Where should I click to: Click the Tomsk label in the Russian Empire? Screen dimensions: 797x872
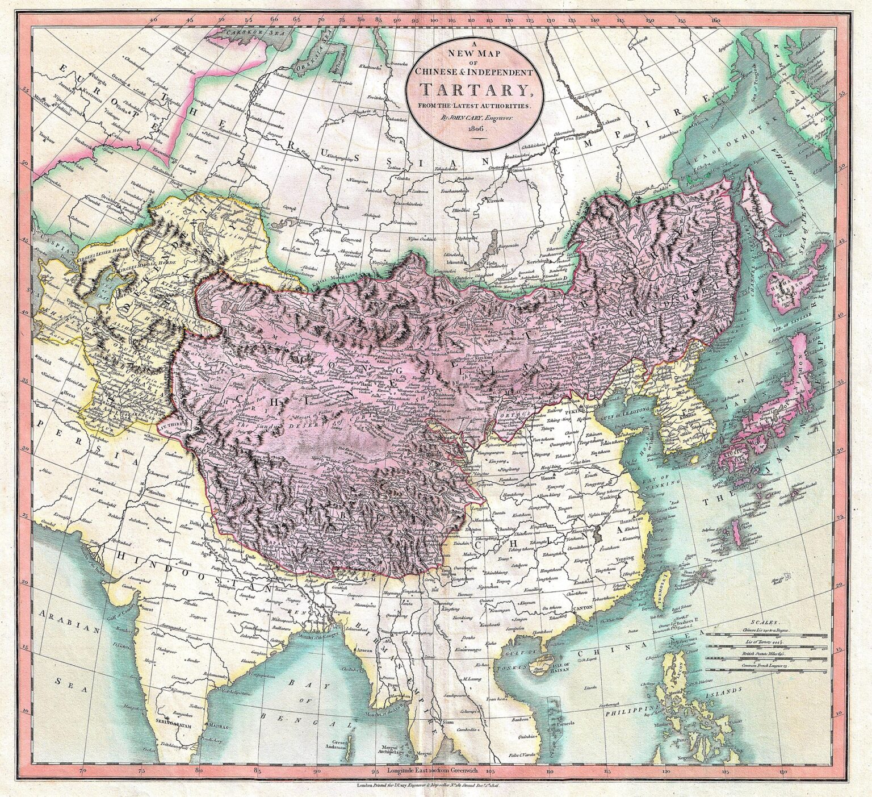point(343,206)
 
